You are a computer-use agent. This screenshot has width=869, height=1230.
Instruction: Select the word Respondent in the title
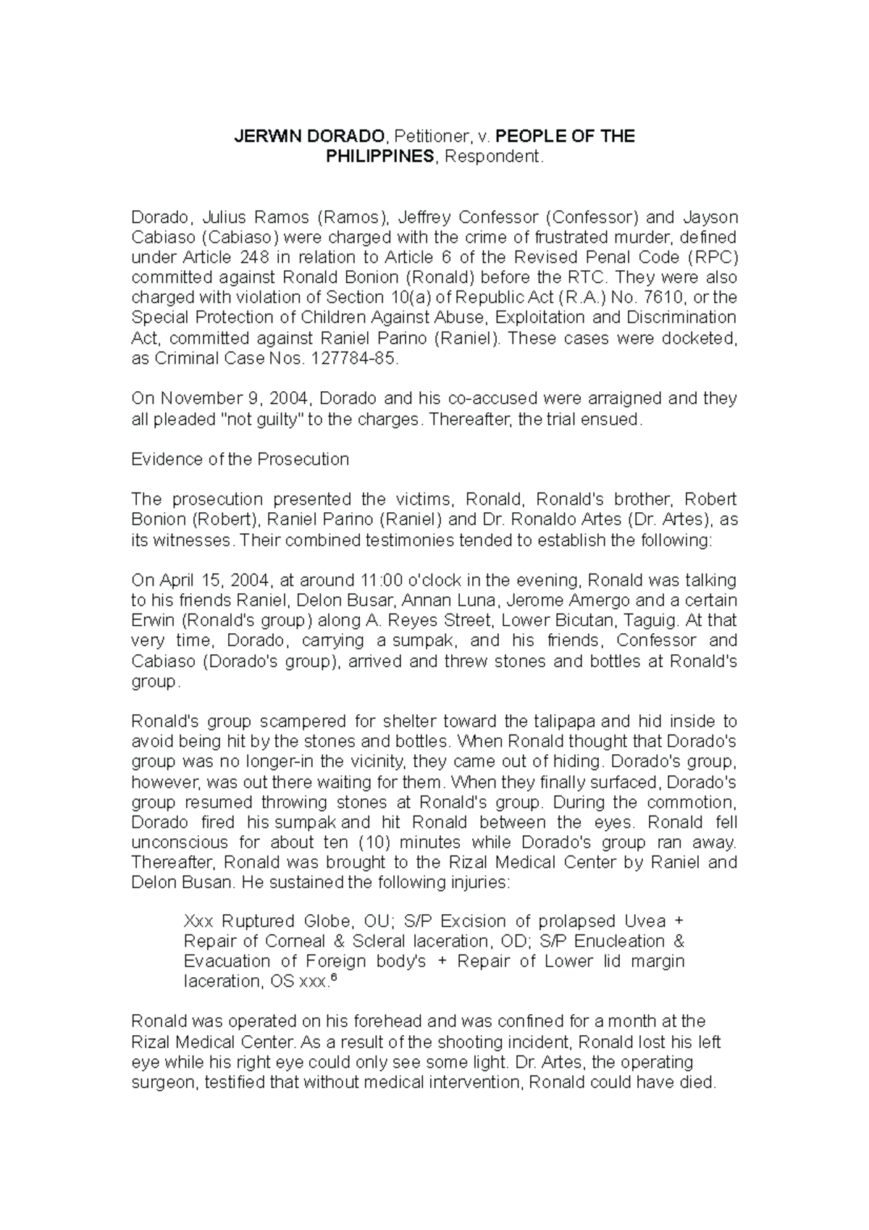point(492,156)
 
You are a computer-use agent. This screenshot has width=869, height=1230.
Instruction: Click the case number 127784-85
point(350,358)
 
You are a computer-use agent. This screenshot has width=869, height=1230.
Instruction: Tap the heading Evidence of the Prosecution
point(240,459)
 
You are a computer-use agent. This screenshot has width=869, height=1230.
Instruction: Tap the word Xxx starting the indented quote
point(198,921)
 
